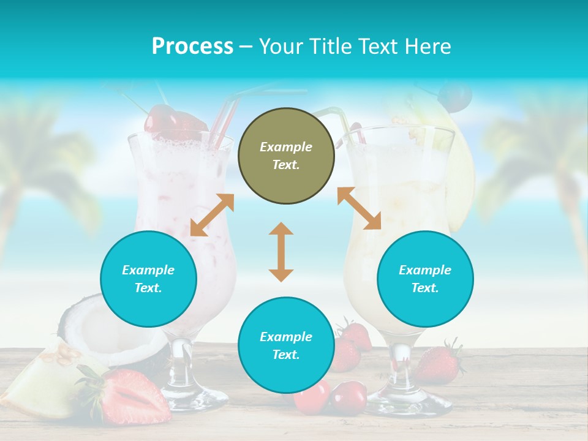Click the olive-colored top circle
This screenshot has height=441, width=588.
coord(286,156)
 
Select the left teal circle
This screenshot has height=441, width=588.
coord(148,279)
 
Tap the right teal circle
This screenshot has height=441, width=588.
coord(425,279)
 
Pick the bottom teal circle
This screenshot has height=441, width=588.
coord(286,345)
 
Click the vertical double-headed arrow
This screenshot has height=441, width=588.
coord(281,252)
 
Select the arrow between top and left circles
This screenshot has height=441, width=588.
coord(212,215)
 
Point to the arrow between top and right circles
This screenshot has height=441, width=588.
coord(359,208)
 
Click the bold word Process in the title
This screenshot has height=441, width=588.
coord(192,47)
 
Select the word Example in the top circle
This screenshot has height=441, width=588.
coord(286,147)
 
